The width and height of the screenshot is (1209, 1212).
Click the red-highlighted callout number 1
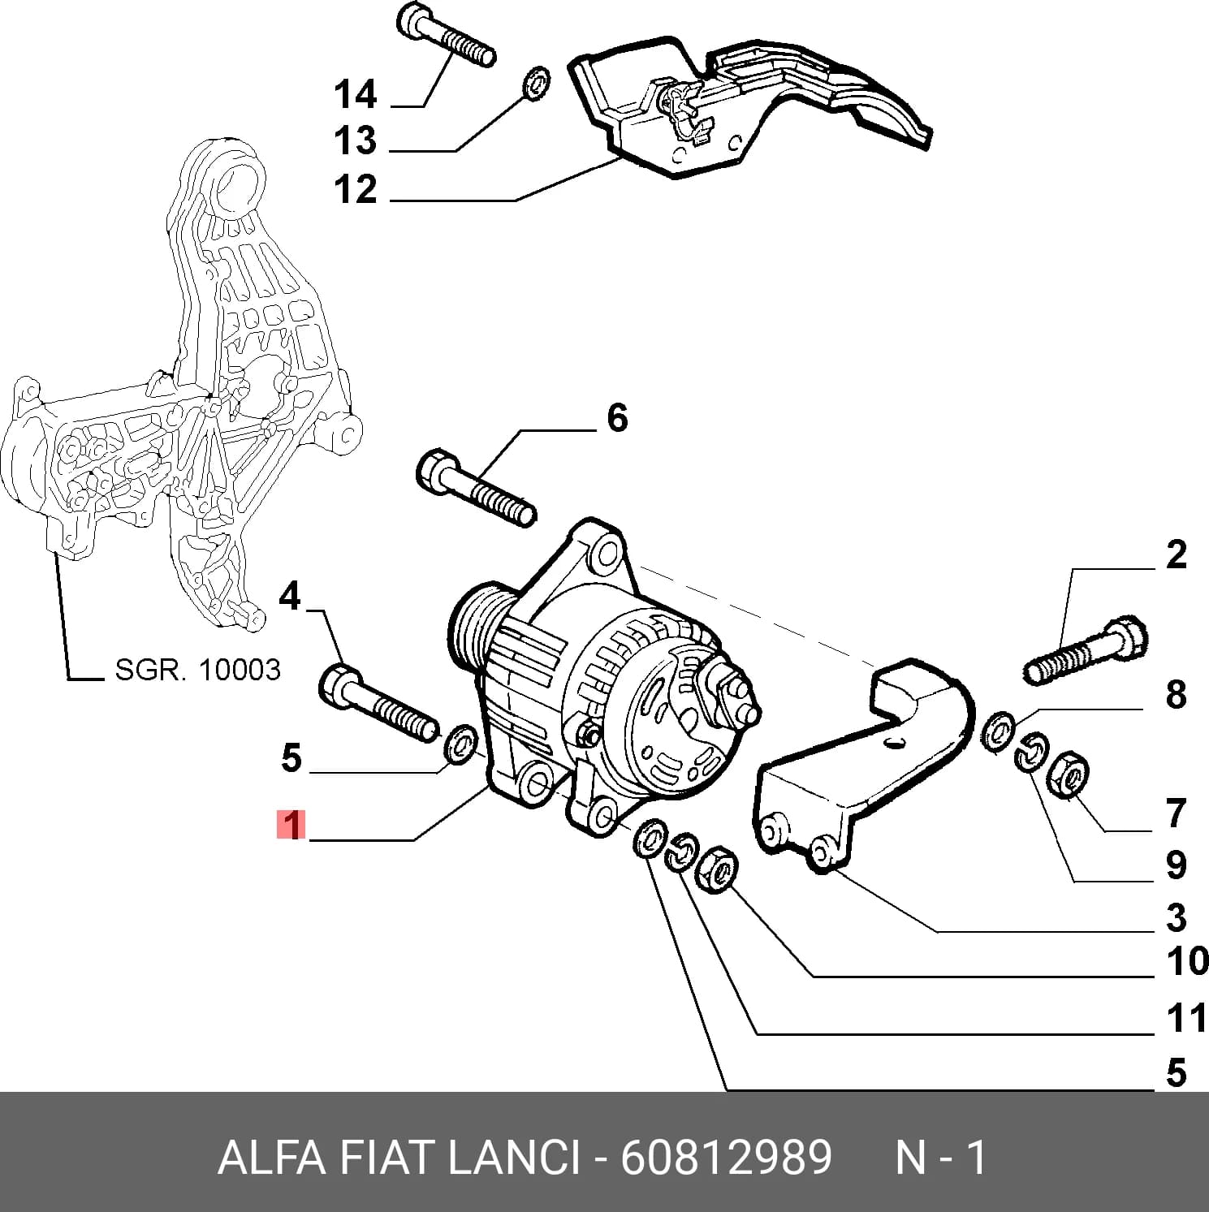coord(291,825)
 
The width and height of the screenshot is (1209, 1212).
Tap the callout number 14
coord(356,95)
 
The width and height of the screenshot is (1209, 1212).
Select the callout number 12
coord(356,190)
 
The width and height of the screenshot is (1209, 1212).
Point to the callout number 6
coord(617,419)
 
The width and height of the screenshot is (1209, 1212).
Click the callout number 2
coord(1176,555)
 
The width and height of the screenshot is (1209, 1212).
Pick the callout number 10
coord(1187,962)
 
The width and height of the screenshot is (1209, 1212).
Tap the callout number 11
coord(1187,1018)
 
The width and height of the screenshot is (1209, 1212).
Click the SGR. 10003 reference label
coord(197,670)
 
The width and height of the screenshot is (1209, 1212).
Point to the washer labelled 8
coord(997,731)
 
